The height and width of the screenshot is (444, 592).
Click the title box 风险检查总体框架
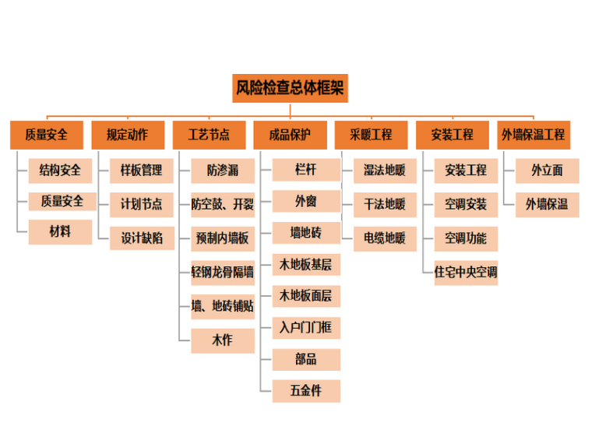click(290, 88)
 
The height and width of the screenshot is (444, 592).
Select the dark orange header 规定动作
click(127, 135)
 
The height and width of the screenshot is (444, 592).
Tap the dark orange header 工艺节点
click(209, 135)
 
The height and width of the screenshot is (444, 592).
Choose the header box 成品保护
click(290, 135)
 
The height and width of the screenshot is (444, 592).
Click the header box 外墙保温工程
click(533, 135)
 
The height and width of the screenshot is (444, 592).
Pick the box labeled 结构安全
click(61, 170)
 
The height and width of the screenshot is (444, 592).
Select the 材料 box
click(61, 232)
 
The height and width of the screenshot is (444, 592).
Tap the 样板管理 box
click(142, 170)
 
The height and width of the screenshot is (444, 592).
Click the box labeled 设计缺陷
click(142, 238)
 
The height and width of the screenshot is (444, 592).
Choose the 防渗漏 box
click(223, 170)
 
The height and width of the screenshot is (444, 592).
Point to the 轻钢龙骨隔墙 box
click(223, 272)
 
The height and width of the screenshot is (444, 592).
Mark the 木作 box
click(223, 340)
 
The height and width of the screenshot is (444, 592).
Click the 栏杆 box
click(305, 170)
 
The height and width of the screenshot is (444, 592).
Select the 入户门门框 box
click(305, 327)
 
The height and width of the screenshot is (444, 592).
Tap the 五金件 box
click(305, 390)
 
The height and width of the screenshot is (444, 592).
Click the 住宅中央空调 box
click(466, 273)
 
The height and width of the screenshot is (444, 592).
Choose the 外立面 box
click(547, 170)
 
